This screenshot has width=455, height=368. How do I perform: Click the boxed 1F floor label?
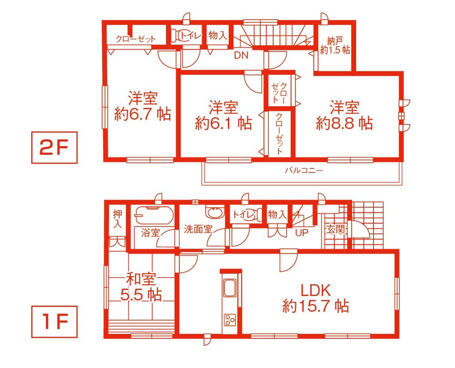click(x=53, y=323)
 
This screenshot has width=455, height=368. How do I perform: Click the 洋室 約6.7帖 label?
click(x=142, y=106)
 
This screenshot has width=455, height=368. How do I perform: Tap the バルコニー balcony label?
click(x=303, y=171)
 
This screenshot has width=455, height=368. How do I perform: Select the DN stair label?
click(x=241, y=56)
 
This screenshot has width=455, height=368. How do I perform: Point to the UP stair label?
click(x=302, y=233)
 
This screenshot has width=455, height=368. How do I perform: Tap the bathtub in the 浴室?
click(x=152, y=214)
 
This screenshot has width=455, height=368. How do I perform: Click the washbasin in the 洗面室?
click(x=212, y=212)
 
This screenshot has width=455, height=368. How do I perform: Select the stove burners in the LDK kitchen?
click(x=229, y=319)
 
